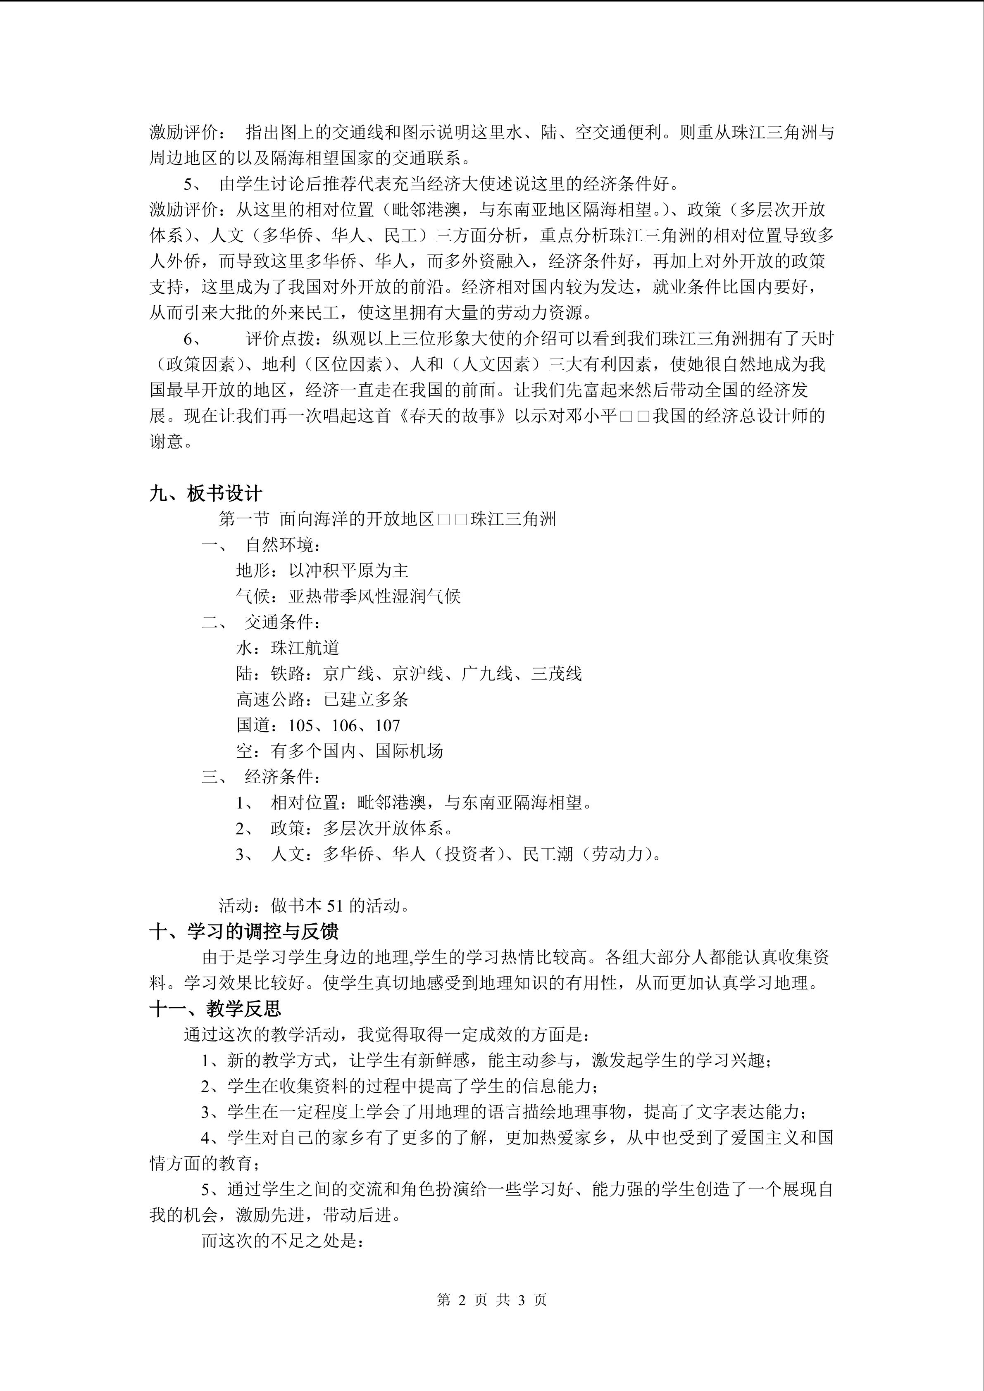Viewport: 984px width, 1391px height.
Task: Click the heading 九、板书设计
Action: tap(205, 494)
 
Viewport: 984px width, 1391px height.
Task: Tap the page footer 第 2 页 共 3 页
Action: tap(491, 1300)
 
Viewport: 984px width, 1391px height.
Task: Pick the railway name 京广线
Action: tap(348, 674)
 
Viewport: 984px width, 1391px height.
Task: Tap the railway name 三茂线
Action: tap(556, 674)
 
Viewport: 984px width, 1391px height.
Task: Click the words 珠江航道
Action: tap(305, 648)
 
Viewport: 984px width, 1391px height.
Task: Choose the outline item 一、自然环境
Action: tap(260, 545)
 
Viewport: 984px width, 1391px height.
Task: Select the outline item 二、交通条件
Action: tap(260, 622)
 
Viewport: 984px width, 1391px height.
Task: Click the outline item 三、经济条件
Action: tap(260, 777)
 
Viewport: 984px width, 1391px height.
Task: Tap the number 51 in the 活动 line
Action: tap(335, 906)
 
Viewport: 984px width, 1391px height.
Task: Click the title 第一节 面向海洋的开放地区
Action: tap(326, 519)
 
